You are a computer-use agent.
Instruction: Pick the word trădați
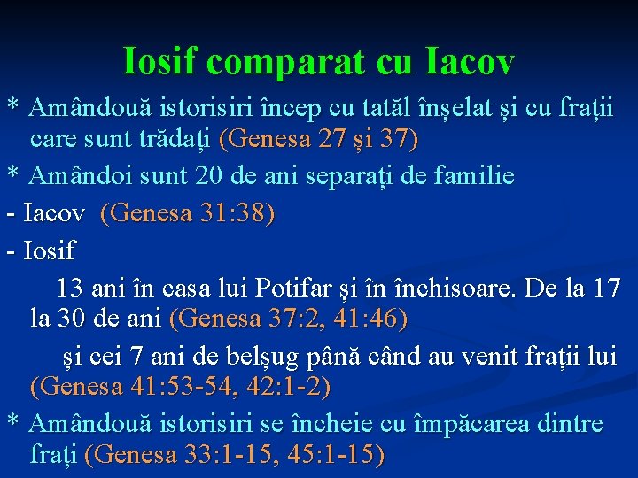(177, 140)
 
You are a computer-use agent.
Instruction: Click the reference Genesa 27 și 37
(318, 140)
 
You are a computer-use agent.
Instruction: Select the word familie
(478, 176)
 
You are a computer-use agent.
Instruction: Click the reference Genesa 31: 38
(188, 213)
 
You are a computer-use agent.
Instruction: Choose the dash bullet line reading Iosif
(41, 251)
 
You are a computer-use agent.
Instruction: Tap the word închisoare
(448, 288)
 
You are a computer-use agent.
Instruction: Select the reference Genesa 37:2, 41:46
(288, 318)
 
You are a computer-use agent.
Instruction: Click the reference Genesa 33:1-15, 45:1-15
(235, 455)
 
